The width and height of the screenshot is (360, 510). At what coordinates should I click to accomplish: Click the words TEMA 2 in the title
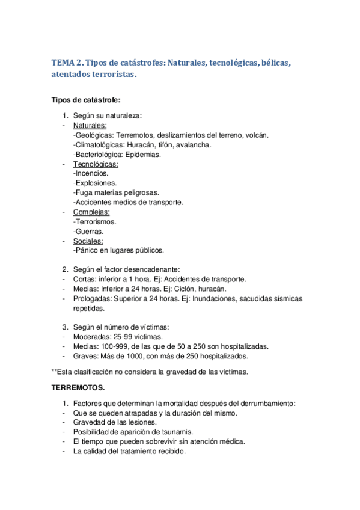point(70,63)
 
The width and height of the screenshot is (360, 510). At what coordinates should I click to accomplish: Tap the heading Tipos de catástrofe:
point(86,100)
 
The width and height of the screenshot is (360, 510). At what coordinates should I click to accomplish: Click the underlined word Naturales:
point(90,126)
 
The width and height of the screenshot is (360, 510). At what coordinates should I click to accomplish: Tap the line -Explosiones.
point(95,183)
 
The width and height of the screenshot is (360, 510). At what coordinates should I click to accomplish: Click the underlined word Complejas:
point(91,212)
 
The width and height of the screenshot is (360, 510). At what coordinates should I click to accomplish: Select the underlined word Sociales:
point(88,241)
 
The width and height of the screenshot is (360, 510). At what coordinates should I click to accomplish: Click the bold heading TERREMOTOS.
point(78,388)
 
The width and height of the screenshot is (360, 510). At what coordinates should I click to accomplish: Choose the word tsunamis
point(178,432)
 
